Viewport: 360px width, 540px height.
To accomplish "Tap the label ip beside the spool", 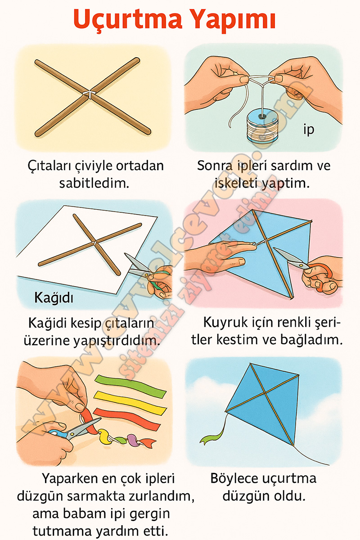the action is coord(309,130).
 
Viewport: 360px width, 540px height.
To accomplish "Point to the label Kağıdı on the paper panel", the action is coord(54,297).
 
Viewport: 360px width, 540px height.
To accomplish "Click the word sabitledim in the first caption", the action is coord(94,184).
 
